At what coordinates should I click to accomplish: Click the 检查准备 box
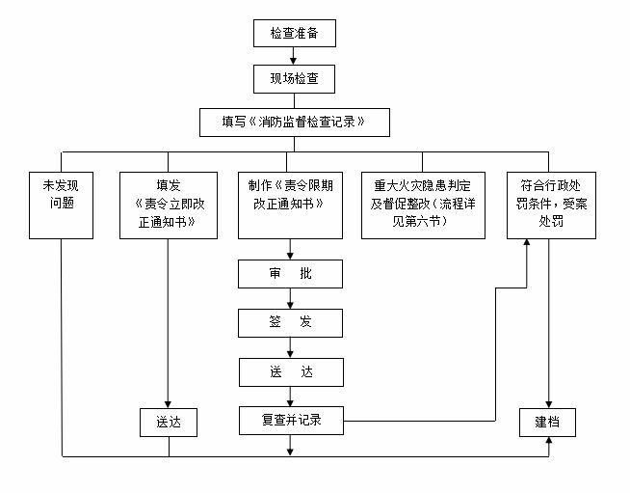coord(295,34)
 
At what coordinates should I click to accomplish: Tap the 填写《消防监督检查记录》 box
coord(293,122)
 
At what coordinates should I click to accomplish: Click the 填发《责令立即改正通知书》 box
coord(169,205)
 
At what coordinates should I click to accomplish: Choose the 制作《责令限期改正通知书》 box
coord(290,205)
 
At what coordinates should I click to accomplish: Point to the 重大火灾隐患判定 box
coord(423,205)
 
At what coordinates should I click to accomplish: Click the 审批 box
coord(290,274)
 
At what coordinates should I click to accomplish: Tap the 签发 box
coord(290,322)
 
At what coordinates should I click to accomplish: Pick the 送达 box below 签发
coord(290,371)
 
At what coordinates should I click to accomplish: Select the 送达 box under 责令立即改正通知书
coord(169,422)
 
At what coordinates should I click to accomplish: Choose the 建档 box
coord(548,422)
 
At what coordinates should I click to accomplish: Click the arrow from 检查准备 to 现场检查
coord(295,55)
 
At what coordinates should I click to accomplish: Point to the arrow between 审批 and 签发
coord(290,298)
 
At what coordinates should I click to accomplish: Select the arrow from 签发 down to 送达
coord(290,346)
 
